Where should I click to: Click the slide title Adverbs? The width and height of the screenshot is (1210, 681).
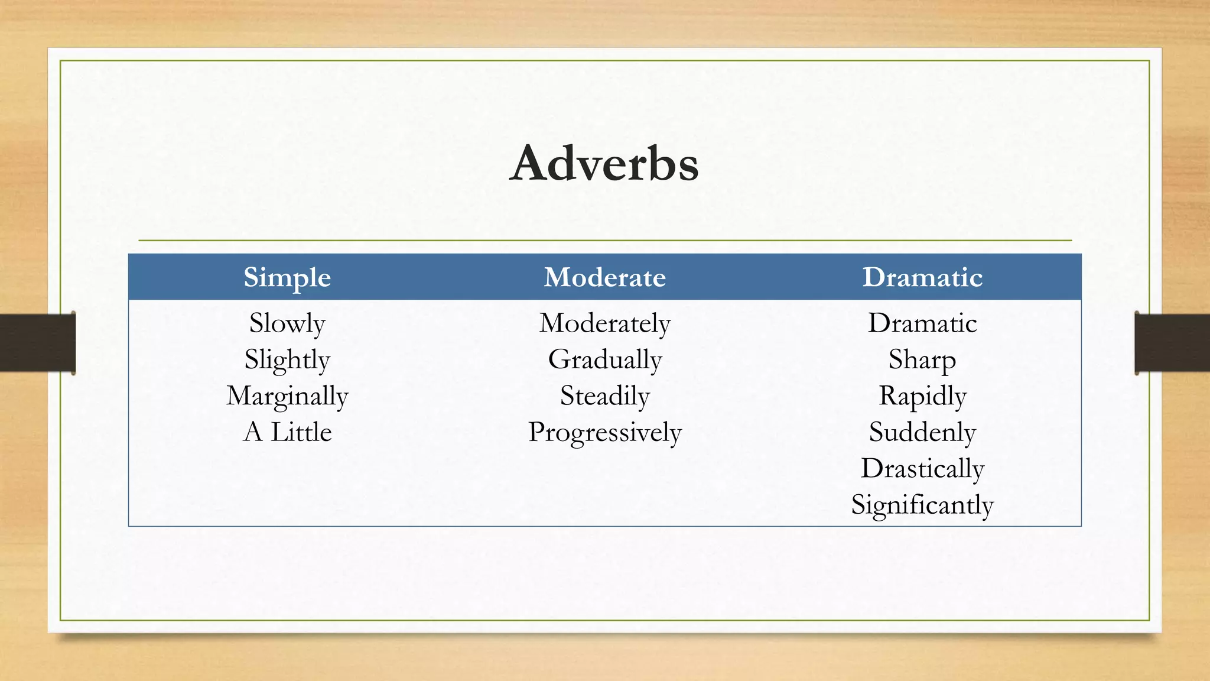604,163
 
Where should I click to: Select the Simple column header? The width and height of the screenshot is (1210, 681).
287,277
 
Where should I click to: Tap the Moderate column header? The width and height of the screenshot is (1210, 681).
604,277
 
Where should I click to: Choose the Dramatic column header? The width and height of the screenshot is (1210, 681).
922,277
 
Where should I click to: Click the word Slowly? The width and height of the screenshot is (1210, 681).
287,323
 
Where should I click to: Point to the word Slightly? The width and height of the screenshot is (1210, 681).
287,360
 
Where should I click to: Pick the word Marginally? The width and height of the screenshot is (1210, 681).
287,396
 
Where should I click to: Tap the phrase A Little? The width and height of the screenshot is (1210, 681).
287,432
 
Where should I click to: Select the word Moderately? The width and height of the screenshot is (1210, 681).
604,323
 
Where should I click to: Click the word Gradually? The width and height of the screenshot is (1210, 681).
604,360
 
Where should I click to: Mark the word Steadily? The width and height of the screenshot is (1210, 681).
604,396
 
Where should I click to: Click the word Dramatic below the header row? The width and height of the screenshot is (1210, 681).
922,323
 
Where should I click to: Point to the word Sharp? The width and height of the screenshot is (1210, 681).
922,360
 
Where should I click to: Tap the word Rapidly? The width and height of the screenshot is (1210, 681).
922,396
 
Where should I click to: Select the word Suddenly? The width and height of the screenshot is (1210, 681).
922,432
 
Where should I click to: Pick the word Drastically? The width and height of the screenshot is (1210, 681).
922,469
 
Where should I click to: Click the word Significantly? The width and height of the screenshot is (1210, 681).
922,505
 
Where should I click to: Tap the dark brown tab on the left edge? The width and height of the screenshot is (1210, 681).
37,343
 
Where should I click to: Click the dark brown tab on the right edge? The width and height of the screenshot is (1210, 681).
1172,343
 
